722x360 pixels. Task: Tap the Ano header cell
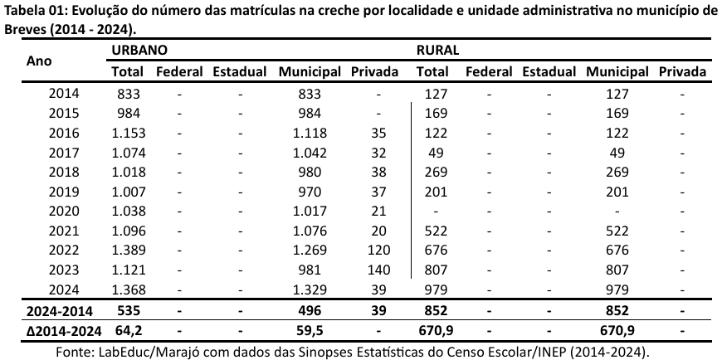[x=39, y=61]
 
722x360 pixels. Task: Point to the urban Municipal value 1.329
[x=310, y=289]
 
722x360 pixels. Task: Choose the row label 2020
[x=64, y=211]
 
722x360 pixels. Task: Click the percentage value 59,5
[x=310, y=329]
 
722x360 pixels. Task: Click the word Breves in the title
[x=27, y=27]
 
